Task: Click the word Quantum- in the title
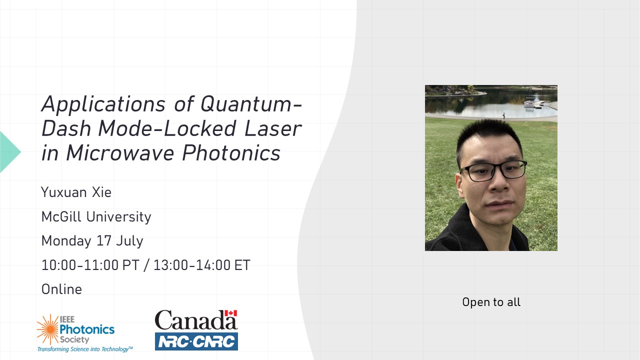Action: point(251,105)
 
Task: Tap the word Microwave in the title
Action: point(120,153)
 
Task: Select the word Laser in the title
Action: point(273,129)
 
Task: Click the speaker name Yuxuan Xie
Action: point(76,192)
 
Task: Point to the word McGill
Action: point(61,217)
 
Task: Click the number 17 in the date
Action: point(103,240)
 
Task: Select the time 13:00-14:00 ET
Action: point(202,265)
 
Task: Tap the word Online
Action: point(61,289)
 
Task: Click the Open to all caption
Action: point(491,302)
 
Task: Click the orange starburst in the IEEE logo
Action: point(48,329)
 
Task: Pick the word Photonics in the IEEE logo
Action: point(87,329)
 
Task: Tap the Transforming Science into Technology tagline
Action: point(85,349)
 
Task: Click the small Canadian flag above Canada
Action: point(231,313)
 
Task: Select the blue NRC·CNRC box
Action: point(196,341)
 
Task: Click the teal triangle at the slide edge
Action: point(9,152)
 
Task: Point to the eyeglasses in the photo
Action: point(493,171)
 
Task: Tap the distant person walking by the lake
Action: point(503,115)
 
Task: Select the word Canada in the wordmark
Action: point(196,320)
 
